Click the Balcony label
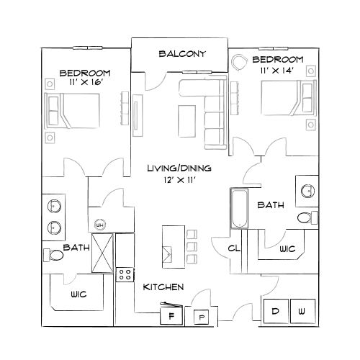click(x=182, y=54)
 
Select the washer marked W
click(x=302, y=311)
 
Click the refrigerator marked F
click(x=172, y=315)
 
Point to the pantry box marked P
click(x=201, y=316)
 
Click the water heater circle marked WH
click(x=100, y=222)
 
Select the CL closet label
click(x=234, y=249)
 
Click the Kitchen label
click(x=163, y=287)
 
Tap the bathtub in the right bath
click(x=238, y=209)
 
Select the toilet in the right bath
click(x=307, y=217)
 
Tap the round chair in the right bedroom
click(x=239, y=62)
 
